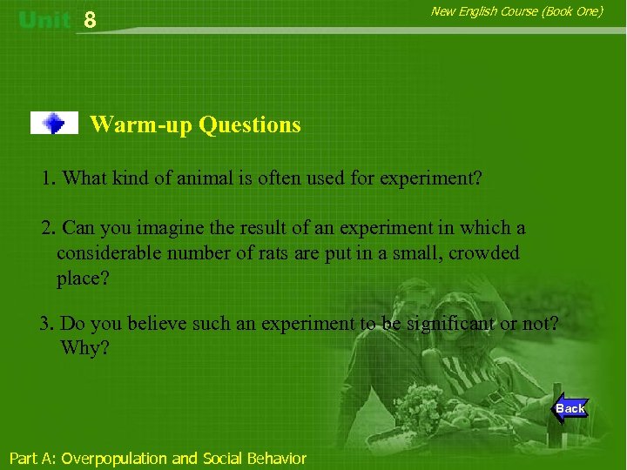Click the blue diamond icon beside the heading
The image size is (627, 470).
pos(54,124)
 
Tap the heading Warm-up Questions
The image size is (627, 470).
pos(195,124)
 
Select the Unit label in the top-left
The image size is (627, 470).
pos(44,20)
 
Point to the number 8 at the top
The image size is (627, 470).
pos(91,21)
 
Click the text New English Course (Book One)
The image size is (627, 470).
pos(516,11)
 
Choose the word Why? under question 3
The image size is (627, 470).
pos(84,348)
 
